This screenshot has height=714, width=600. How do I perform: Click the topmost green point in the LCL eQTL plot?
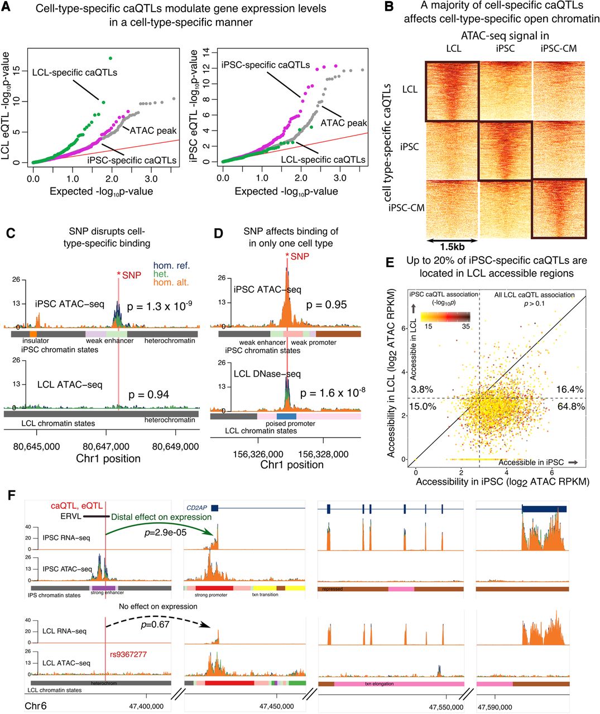[x=110, y=58]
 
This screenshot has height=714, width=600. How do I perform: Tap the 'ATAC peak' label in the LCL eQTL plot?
[x=153, y=131]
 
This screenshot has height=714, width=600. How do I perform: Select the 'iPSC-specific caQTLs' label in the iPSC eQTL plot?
[x=266, y=65]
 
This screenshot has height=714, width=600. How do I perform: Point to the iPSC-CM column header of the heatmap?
[x=559, y=49]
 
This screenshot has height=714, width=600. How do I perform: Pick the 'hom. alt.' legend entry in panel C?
[x=174, y=283]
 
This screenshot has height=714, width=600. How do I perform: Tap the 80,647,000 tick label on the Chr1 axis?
[x=106, y=446]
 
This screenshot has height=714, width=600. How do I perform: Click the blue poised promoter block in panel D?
[x=286, y=416]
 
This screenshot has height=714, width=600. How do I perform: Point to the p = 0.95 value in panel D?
[x=328, y=305]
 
